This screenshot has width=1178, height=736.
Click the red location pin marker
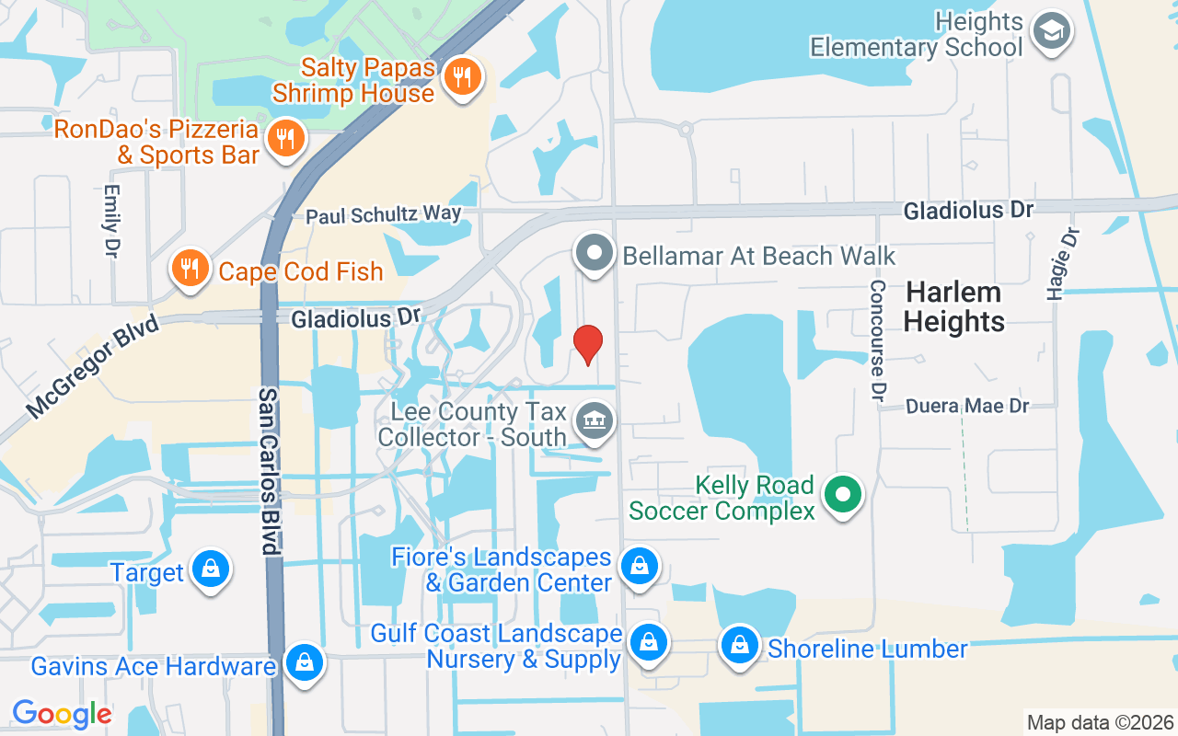(587, 344)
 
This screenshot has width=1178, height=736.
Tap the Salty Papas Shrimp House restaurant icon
(463, 76)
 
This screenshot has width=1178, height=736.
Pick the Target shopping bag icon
(211, 570)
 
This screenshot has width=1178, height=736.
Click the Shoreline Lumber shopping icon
(739, 646)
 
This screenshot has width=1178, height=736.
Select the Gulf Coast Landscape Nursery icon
(649, 644)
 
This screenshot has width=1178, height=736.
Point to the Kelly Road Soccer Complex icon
(841, 495)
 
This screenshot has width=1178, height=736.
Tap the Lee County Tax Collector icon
(594, 421)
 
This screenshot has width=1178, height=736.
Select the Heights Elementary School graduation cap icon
(1049, 31)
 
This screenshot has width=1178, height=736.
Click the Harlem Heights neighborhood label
(953, 307)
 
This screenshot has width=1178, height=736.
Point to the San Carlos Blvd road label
(268, 470)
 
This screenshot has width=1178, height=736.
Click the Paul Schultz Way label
(384, 215)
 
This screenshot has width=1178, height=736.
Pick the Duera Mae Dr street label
(966, 406)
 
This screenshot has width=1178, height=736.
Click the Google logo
(62, 713)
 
